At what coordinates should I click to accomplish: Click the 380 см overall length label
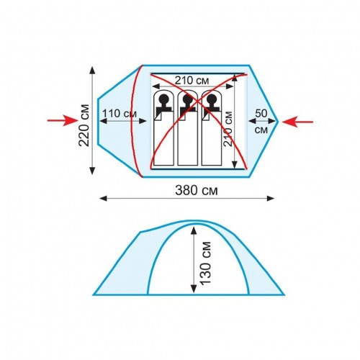pos(197,191)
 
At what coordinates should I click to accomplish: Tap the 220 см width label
pos(84,125)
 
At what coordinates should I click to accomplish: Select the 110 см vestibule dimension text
pos(120,113)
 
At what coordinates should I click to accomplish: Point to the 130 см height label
pos(205,264)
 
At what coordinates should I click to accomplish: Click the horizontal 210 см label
pos(192,81)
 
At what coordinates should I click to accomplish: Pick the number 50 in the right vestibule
pos(261,113)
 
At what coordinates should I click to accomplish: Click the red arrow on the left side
pos(63,120)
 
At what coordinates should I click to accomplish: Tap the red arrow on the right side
pos(297,122)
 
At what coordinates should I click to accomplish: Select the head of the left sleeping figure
pos(163,99)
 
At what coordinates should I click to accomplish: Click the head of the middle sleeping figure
pos(187,99)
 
